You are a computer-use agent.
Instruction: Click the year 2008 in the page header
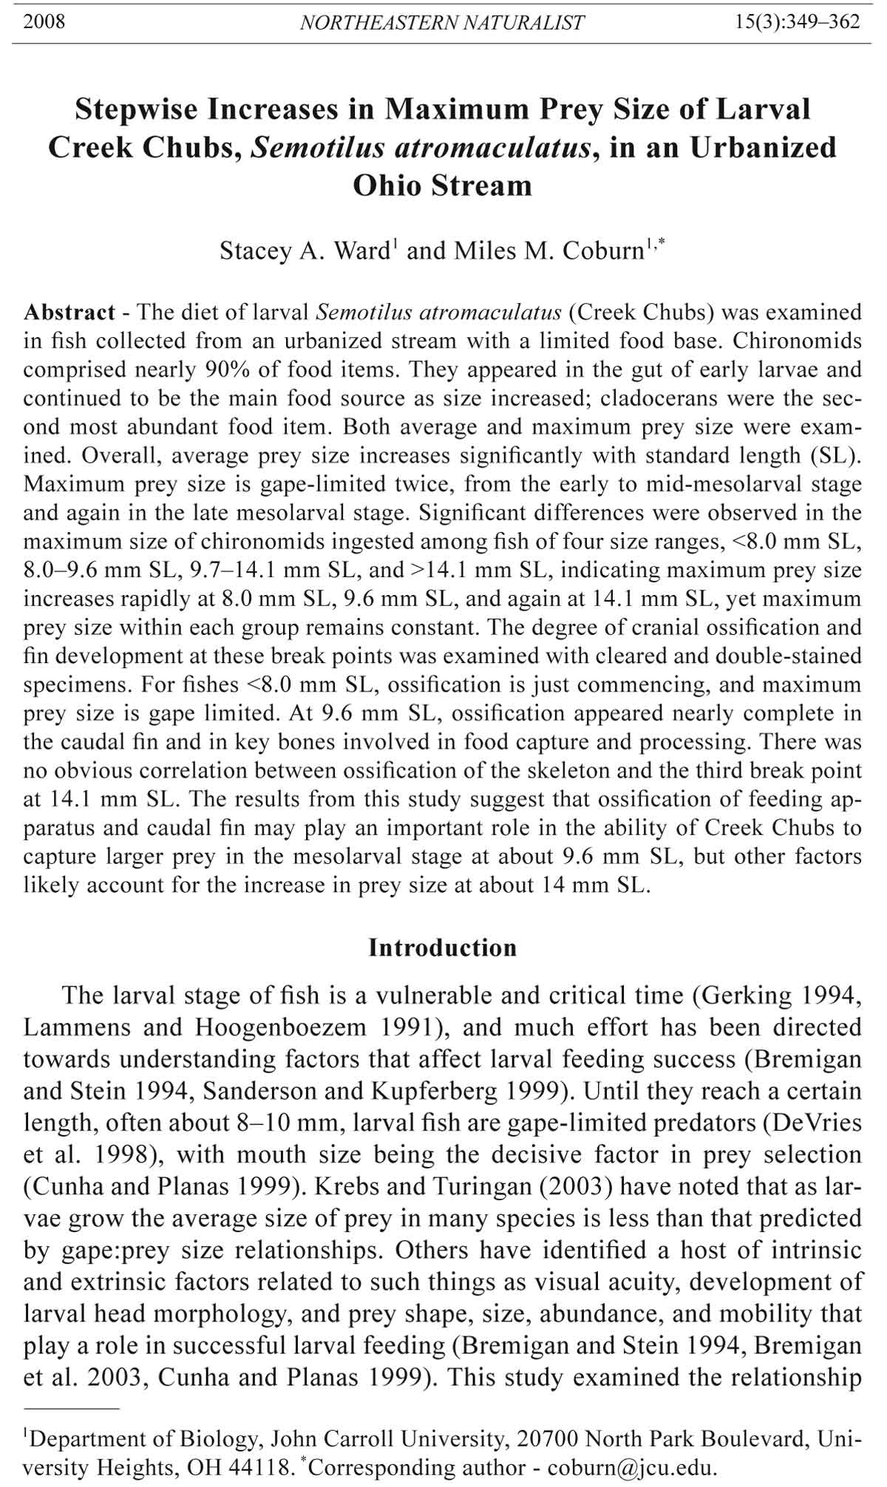click(44, 21)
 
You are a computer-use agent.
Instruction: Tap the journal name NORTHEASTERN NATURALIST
click(442, 23)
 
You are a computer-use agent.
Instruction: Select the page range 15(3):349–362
click(798, 21)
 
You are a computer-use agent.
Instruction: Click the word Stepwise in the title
click(136, 109)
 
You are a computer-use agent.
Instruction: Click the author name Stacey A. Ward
click(304, 251)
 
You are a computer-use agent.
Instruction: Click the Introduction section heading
click(443, 947)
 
